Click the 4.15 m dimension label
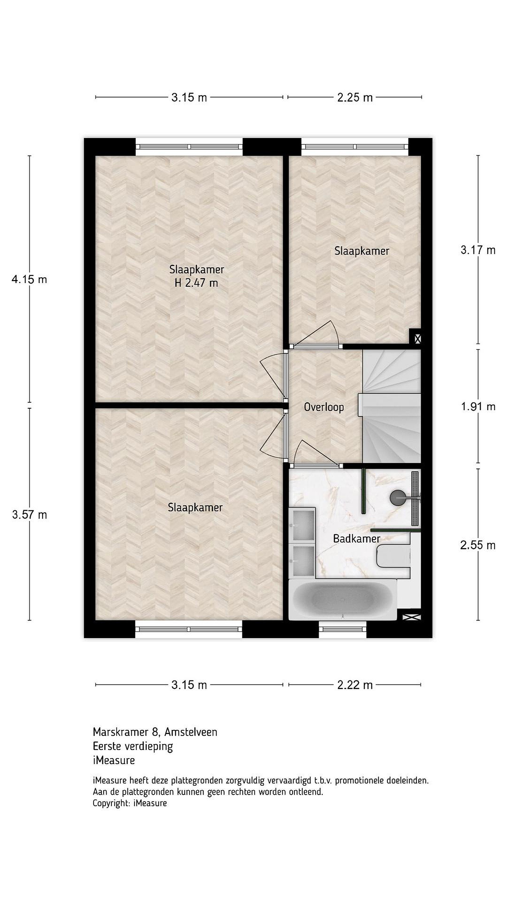pos(29,279)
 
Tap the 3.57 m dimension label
pos(29,515)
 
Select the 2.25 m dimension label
pos(355,98)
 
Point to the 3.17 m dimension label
pos(478,250)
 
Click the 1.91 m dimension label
pos(478,406)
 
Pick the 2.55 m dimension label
pos(478,545)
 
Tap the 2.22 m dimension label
pos(355,685)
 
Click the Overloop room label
pos(324,407)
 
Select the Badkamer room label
pos(356,539)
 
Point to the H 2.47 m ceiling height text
pos(196,283)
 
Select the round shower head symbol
pos(397,496)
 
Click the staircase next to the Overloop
pos(391,407)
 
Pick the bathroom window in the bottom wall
pos(343,629)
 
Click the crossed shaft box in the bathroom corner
pos(412,617)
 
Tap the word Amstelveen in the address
pos(191,732)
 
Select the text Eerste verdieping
pos(133,746)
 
